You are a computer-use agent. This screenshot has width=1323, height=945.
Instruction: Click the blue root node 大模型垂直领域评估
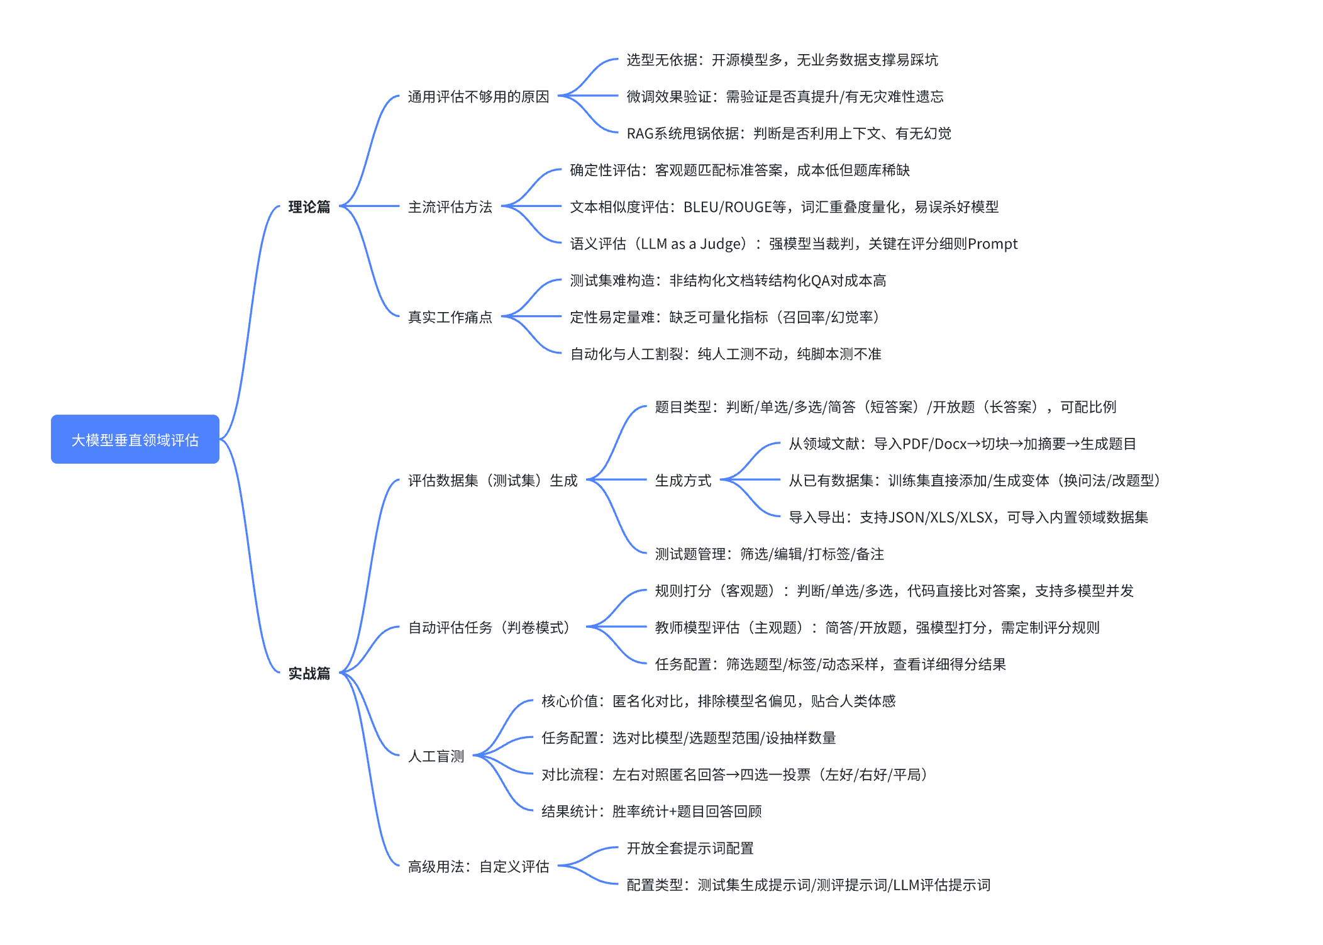click(x=135, y=439)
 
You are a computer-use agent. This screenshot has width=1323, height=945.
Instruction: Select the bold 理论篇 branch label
click(x=309, y=206)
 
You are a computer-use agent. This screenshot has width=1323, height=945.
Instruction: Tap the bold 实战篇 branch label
click(x=309, y=673)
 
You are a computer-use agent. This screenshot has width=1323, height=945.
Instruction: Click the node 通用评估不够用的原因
click(x=478, y=96)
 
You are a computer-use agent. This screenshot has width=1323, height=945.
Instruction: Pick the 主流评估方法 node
click(x=450, y=206)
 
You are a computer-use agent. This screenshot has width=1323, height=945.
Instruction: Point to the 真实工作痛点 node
click(x=450, y=316)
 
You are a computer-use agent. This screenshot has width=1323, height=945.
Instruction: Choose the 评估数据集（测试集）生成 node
click(x=492, y=480)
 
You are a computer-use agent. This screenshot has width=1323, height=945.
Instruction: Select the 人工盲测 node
click(x=436, y=756)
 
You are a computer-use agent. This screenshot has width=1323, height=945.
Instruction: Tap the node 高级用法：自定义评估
click(x=478, y=866)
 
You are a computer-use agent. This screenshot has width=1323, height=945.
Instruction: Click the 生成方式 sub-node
click(x=683, y=480)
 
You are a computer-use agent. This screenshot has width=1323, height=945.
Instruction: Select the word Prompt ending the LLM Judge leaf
click(x=992, y=243)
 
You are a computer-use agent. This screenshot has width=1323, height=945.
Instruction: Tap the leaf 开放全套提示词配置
click(x=690, y=848)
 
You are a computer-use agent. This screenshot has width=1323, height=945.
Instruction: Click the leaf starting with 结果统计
click(x=651, y=811)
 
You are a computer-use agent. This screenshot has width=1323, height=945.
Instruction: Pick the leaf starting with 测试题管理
click(x=769, y=554)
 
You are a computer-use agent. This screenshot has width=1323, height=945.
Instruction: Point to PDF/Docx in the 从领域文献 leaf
click(x=934, y=444)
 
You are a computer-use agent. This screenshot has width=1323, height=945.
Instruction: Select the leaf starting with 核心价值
click(x=718, y=701)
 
